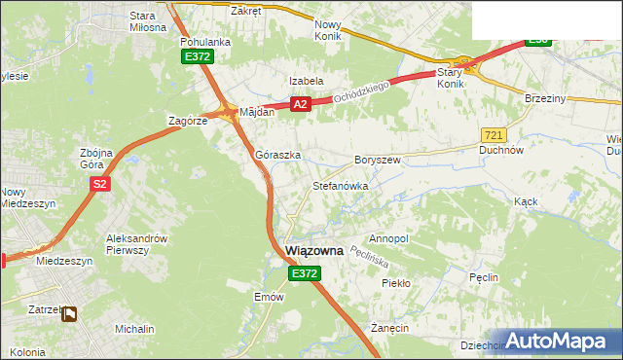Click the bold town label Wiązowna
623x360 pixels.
315,251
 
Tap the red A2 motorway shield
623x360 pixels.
300,104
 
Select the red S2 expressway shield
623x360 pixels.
98,184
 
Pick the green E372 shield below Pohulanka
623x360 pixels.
197,58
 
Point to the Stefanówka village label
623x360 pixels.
339,185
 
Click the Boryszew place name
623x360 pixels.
378,159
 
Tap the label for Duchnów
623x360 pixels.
502,151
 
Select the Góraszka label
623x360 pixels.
277,155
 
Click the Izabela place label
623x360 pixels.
306,81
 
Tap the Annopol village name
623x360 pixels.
389,238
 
